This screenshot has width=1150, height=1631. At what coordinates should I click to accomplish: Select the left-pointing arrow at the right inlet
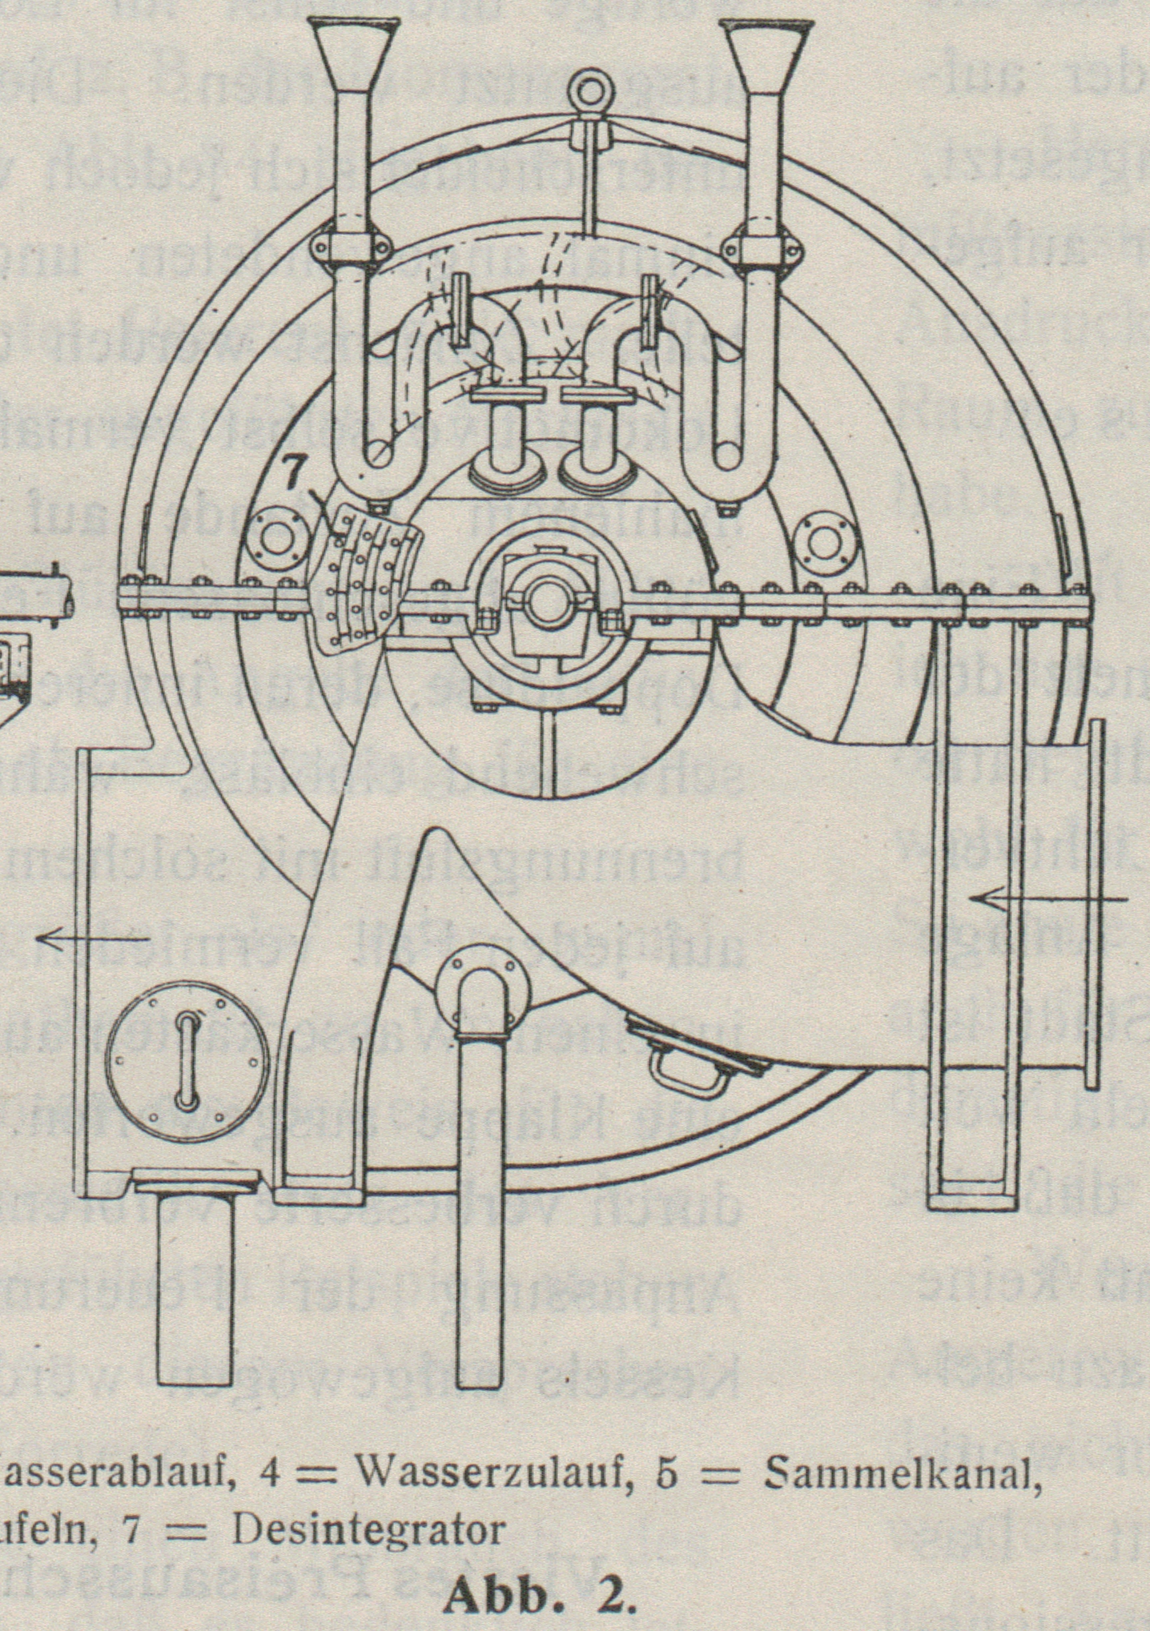click(1049, 899)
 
